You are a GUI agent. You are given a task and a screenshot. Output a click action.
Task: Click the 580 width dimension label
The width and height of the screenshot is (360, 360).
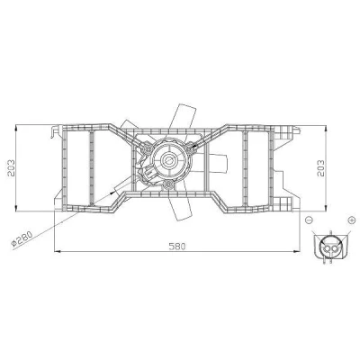[177, 247]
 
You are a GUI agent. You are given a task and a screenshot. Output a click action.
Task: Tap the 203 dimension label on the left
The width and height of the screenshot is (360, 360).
[11, 168]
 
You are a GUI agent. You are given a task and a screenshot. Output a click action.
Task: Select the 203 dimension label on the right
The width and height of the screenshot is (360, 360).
[320, 168]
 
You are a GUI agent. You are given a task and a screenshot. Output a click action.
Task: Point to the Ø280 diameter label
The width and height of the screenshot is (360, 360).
[22, 239]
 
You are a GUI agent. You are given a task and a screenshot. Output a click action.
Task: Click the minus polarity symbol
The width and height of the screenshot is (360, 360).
[309, 220]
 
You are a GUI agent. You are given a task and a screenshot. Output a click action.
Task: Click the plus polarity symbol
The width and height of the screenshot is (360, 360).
[351, 220]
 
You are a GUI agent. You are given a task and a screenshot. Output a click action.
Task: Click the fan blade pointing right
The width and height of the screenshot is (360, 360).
[218, 163]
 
